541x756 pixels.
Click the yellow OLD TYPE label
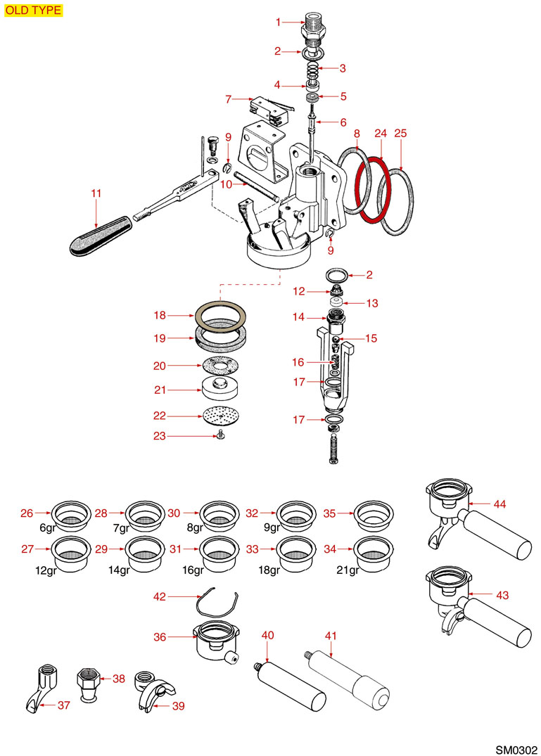tap(33, 11)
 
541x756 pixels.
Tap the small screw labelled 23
tap(220, 436)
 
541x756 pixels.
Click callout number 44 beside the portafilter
tap(500, 504)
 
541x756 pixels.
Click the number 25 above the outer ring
tap(400, 133)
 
